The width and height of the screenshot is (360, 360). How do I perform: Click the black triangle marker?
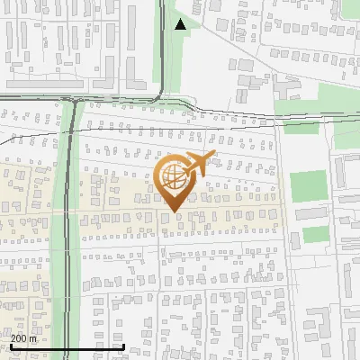pos(181,24)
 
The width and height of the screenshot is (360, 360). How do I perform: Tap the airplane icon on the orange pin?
pos(197,164)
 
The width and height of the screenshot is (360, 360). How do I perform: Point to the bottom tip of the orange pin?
pos(172,212)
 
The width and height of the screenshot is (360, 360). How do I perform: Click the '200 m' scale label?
pos(23,338)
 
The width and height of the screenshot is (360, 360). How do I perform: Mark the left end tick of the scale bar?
pos(11,346)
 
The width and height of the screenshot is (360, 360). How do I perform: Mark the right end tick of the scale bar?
pos(123,346)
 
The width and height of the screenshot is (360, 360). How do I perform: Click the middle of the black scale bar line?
pos(67,346)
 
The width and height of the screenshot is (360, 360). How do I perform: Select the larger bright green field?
pos(308,185)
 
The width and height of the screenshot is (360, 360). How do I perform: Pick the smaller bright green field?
pos(314,235)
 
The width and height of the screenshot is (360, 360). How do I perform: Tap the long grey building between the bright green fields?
pos(311,213)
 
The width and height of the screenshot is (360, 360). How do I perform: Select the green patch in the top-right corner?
pos(350,8)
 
